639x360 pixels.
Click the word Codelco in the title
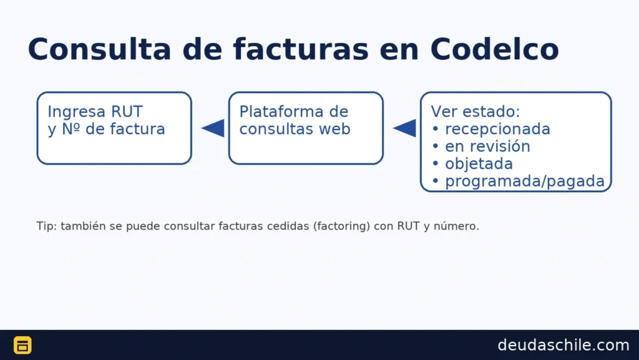(494, 49)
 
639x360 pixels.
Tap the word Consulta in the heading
(99, 49)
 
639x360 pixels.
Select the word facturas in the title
(301, 49)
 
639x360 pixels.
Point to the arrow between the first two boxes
(213, 129)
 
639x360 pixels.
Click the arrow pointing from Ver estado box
(404, 129)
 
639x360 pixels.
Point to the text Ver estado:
(476, 111)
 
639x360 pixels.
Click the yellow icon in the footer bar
(23, 345)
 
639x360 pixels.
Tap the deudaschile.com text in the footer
(563, 345)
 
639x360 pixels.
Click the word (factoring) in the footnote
(341, 226)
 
